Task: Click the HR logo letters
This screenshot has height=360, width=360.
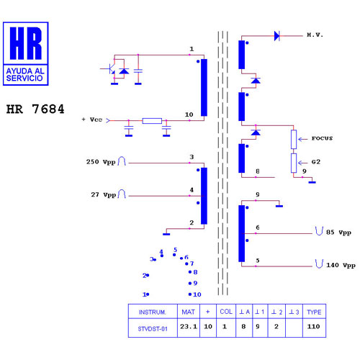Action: coord(26,43)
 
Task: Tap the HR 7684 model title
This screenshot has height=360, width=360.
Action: coord(35,109)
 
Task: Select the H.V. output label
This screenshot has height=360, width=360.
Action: coord(315,35)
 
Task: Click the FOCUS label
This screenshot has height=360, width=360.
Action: coord(322,138)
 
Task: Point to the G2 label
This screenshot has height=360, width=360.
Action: coord(316,162)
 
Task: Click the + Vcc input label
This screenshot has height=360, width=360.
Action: coord(92,120)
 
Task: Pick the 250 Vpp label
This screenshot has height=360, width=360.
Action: coord(101,162)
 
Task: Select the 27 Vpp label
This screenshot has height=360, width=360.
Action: coord(104,194)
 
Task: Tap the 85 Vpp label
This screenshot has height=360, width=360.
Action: coord(338,233)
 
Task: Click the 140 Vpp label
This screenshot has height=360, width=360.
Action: coord(341,265)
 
